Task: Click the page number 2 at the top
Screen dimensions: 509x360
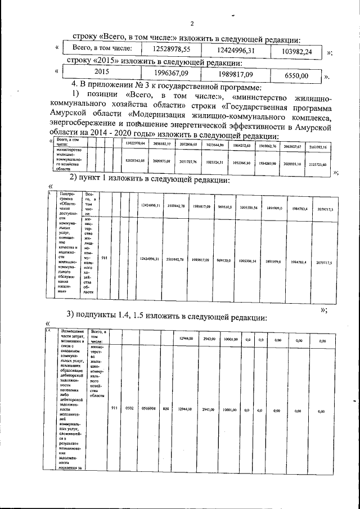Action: coord(192,23)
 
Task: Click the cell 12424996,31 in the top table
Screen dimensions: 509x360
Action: coord(236,51)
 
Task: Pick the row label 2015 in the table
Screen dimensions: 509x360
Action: coord(101,73)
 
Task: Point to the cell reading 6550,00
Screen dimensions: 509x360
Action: coord(296,75)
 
